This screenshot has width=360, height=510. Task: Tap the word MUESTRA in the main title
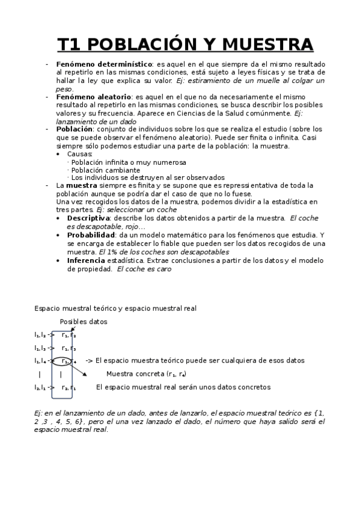[x=267, y=45]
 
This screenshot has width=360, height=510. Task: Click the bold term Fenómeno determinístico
[x=103, y=64]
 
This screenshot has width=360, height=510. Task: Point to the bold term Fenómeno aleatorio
[x=93, y=96]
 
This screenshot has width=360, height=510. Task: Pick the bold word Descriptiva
[x=88, y=218]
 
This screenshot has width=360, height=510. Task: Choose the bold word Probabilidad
[x=92, y=235]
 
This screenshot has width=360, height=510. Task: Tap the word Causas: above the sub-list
[x=79, y=154]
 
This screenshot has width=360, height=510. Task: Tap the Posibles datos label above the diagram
[x=83, y=322]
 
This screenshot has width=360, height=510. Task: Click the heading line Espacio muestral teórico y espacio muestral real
[x=115, y=309]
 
